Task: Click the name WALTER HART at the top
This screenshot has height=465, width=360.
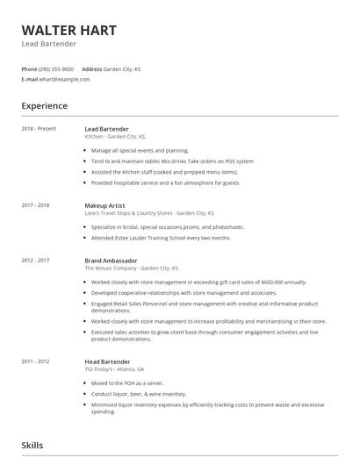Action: coord(68,30)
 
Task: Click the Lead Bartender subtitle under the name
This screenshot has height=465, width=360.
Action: coord(49,44)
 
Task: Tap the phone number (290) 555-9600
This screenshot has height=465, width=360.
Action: coord(57,68)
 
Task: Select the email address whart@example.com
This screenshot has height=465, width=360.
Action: coord(65,79)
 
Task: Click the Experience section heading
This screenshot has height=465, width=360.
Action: coord(44,106)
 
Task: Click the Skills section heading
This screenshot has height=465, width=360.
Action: coord(32,447)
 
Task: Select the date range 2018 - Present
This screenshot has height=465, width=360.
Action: coord(39,129)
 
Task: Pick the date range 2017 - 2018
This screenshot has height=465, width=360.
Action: coord(35,205)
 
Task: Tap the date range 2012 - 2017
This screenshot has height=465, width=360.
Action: coord(35,261)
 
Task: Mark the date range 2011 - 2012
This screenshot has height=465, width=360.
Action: coord(35,361)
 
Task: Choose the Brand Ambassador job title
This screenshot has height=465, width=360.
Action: coord(111,261)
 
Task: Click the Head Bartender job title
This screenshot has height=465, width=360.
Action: coord(107,361)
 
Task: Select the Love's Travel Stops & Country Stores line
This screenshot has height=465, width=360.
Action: coord(148,213)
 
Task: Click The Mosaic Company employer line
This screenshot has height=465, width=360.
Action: coord(131,268)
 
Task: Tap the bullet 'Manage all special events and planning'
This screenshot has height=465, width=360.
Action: coord(140,151)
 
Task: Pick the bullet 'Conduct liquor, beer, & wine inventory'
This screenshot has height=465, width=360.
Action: coord(139,394)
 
